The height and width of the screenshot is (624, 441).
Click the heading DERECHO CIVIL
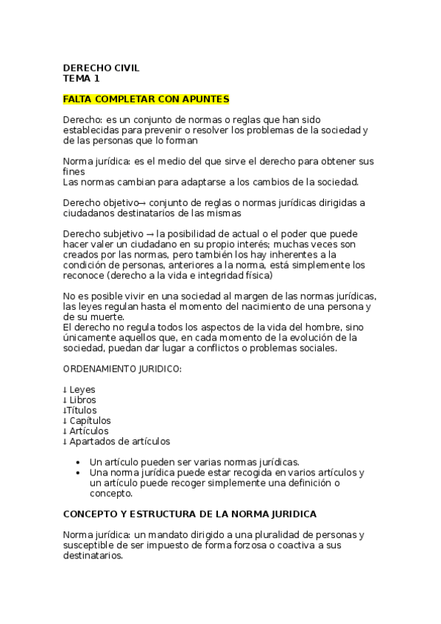tap(101, 68)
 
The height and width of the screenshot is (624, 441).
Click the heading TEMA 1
tap(81, 78)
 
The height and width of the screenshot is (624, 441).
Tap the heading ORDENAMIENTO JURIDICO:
tap(122, 368)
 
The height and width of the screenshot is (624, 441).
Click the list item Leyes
tap(82, 389)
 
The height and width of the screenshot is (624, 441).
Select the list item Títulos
tap(82, 410)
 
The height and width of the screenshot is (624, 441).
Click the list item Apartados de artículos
tap(119, 442)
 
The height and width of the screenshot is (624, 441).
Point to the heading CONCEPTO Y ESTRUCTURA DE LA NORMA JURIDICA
tap(190, 514)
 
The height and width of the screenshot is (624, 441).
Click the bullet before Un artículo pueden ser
tap(79, 462)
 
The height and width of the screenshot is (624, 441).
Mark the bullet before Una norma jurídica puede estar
tap(79, 472)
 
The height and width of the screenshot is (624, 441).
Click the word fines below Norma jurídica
tap(74, 171)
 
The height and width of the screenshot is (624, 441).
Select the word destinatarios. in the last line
tap(93, 556)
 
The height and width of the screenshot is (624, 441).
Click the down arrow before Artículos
tap(65, 431)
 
